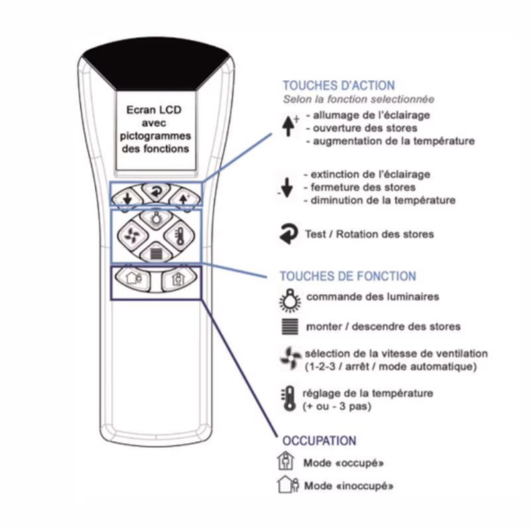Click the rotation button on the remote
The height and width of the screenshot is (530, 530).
tap(156, 191)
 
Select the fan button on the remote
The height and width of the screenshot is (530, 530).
tap(132, 235)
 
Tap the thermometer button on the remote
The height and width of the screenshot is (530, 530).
tap(180, 235)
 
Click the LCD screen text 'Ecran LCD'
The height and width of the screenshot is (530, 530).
tap(154, 110)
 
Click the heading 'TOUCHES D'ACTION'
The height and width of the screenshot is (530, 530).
tap(339, 85)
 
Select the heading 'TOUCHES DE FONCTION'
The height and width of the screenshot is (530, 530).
tap(348, 276)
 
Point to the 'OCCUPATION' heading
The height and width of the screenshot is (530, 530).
tap(319, 441)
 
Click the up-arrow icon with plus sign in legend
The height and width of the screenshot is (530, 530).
tap(290, 126)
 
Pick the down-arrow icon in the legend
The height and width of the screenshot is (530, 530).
tap(286, 187)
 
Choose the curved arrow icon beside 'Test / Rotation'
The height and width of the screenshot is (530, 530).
tap(289, 234)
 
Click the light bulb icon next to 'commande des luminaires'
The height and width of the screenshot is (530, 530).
tap(290, 300)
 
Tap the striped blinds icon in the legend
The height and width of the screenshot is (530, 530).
tap(290, 327)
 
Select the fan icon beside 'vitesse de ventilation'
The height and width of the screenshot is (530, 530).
tap(290, 358)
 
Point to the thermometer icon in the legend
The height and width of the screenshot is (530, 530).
tap(289, 399)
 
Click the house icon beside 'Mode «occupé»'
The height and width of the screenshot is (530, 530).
tap(286, 461)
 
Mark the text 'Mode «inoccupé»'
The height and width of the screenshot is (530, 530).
tap(349, 486)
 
